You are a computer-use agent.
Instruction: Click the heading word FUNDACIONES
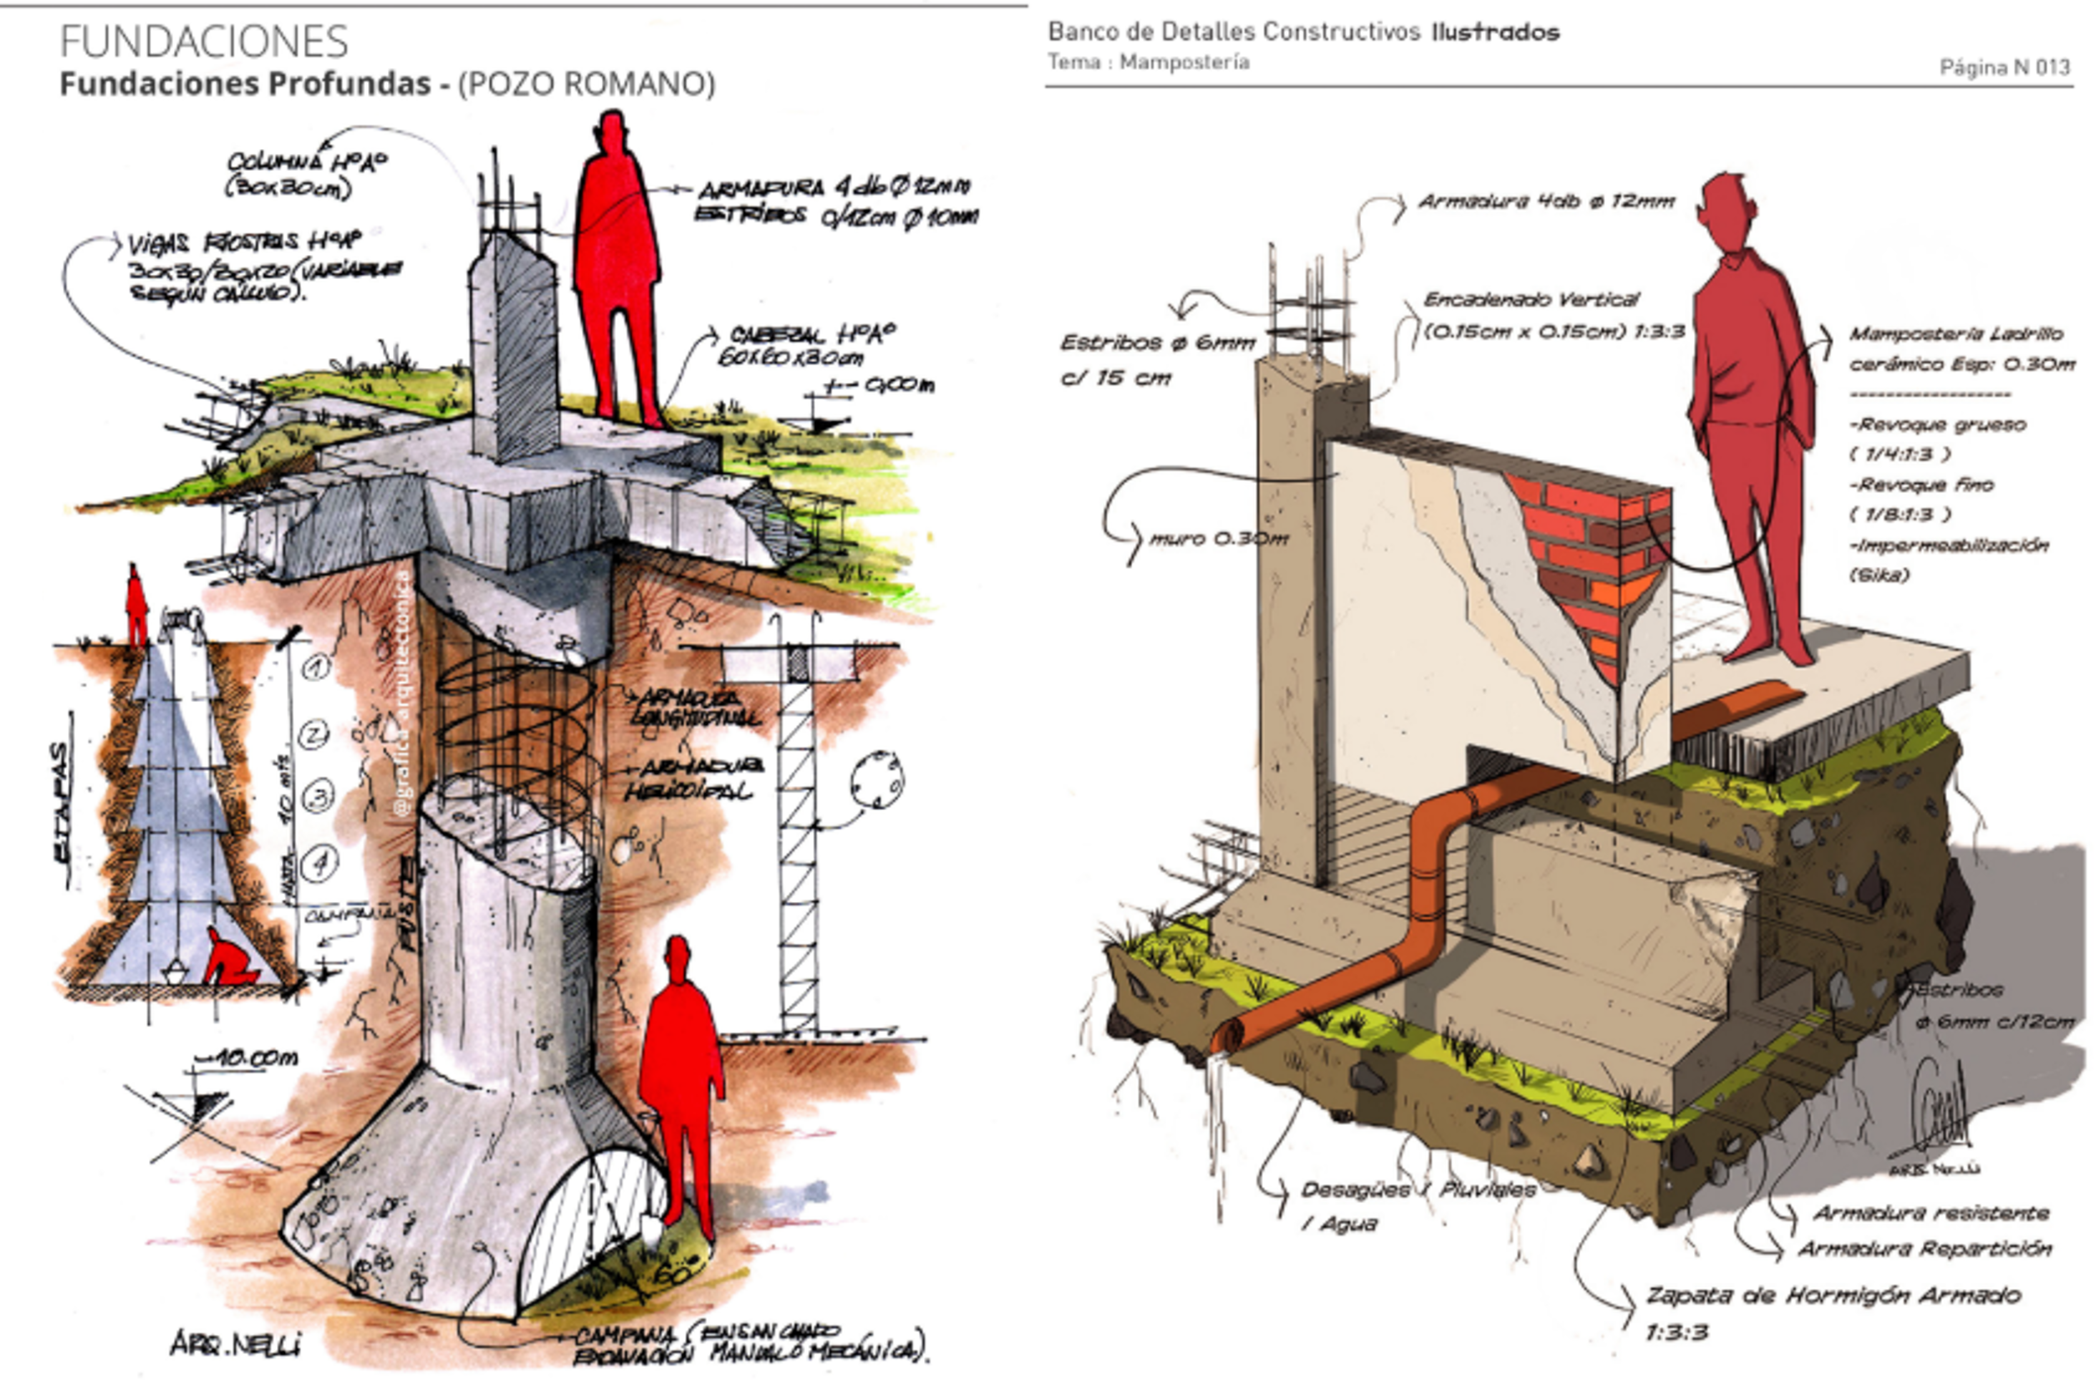pyautogui.click(x=204, y=42)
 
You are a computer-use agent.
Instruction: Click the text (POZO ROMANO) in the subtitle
pyautogui.click(x=586, y=84)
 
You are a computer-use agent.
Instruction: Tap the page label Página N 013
pyautogui.click(x=2004, y=67)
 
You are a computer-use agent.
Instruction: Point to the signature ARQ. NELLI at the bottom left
pyautogui.click(x=235, y=1343)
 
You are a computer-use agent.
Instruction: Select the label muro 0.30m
pyautogui.click(x=1219, y=538)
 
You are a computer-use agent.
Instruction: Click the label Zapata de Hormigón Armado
pyautogui.click(x=1833, y=1296)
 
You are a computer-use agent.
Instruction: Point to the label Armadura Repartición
pyautogui.click(x=1925, y=1249)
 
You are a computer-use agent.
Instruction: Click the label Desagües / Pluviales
pyautogui.click(x=1418, y=1190)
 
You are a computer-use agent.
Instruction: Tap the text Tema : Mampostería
pyautogui.click(x=1148, y=62)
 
